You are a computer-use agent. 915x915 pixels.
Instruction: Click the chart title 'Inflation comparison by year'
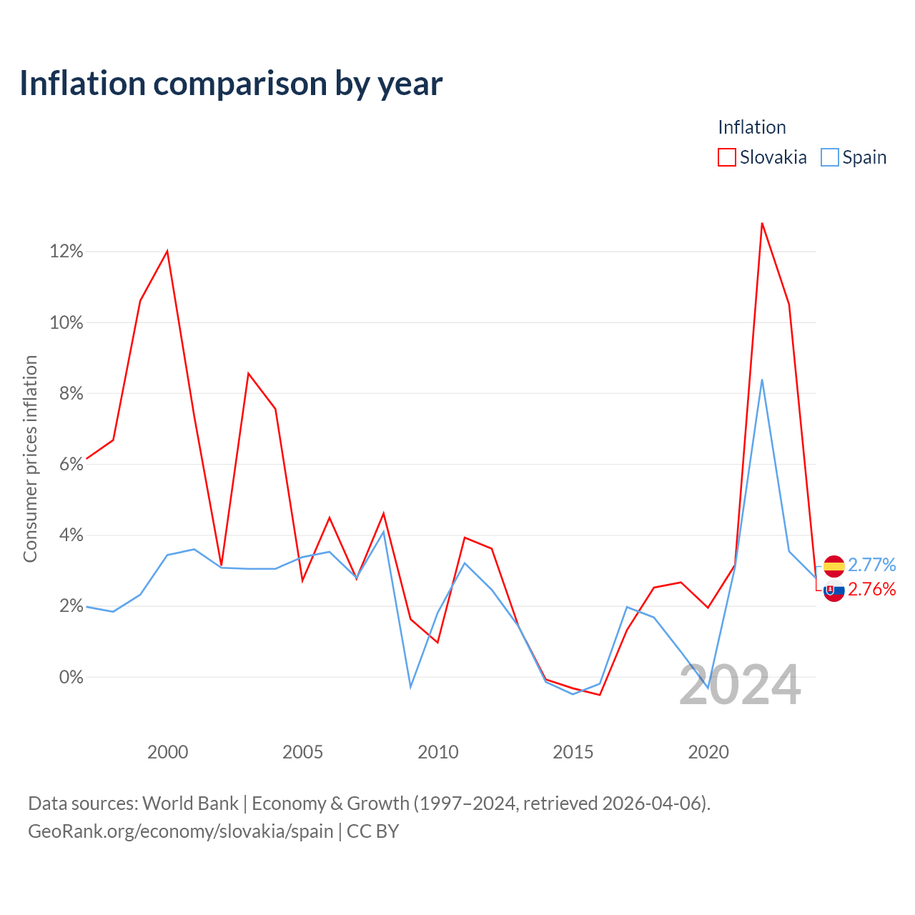click(x=231, y=84)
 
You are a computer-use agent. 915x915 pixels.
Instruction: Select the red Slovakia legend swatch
click(x=726, y=157)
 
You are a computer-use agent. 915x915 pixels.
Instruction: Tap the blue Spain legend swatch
click(x=829, y=157)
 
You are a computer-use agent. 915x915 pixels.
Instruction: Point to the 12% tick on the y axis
click(x=66, y=251)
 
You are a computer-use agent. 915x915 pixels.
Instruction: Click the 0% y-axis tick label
click(x=71, y=677)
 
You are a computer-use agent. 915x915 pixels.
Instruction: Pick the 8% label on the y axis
click(x=71, y=393)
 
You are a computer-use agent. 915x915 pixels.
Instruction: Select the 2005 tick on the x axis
click(x=302, y=751)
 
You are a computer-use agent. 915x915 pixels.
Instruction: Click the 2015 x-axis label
click(x=573, y=751)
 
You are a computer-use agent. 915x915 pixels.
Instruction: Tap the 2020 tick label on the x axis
click(x=708, y=751)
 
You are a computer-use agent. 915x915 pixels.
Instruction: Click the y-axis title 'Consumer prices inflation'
click(x=30, y=459)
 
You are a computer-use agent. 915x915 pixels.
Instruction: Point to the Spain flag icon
click(x=834, y=565)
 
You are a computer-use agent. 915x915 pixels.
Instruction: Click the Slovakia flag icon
click(x=834, y=590)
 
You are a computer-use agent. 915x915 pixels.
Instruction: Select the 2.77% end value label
click(x=871, y=565)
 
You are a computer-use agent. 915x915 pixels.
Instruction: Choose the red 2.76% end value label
click(x=871, y=589)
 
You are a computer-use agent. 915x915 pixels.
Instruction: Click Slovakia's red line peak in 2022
click(x=761, y=223)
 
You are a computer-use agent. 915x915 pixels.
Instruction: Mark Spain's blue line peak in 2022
click(x=761, y=380)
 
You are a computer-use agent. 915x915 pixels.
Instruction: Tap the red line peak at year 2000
click(x=167, y=251)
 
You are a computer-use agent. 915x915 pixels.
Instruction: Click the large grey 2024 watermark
click(x=740, y=686)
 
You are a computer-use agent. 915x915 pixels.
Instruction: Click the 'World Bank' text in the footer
click(x=190, y=803)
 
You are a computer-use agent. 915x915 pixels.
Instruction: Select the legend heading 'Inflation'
click(x=751, y=127)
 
